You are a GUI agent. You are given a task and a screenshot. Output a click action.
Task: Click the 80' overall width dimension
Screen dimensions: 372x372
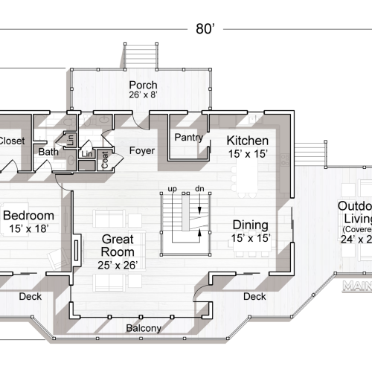[x=205, y=29]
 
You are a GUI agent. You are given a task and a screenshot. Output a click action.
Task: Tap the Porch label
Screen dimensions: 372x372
[x=142, y=85]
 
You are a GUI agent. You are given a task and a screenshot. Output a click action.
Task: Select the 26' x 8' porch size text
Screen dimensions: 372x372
[x=142, y=96]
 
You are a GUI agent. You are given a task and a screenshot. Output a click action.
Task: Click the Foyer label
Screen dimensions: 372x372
[x=141, y=150]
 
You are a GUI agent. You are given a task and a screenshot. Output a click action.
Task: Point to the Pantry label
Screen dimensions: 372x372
[x=188, y=138]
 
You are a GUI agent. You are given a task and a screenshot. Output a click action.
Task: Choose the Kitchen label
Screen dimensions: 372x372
[x=247, y=141]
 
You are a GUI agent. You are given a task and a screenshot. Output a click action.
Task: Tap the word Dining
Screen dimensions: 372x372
[x=250, y=225]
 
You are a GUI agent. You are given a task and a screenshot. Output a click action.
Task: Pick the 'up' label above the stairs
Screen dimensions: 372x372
[x=172, y=188]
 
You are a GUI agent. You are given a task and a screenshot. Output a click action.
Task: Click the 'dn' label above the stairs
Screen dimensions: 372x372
[x=199, y=188]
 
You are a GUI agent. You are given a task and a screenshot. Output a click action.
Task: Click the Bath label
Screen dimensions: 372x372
[x=48, y=153]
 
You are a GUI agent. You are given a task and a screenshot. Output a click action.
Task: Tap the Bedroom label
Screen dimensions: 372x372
[x=30, y=216]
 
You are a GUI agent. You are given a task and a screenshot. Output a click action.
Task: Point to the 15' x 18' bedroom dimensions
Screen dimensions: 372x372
[x=30, y=228]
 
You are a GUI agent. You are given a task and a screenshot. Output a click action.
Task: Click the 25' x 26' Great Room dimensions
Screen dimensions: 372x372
[x=117, y=264]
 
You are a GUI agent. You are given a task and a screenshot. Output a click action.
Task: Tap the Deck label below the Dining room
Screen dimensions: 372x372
[x=254, y=297]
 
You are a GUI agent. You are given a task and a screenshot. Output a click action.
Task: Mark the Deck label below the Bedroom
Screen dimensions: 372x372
[x=29, y=297]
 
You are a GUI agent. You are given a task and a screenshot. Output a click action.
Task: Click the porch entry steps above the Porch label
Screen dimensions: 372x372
[x=142, y=55]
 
